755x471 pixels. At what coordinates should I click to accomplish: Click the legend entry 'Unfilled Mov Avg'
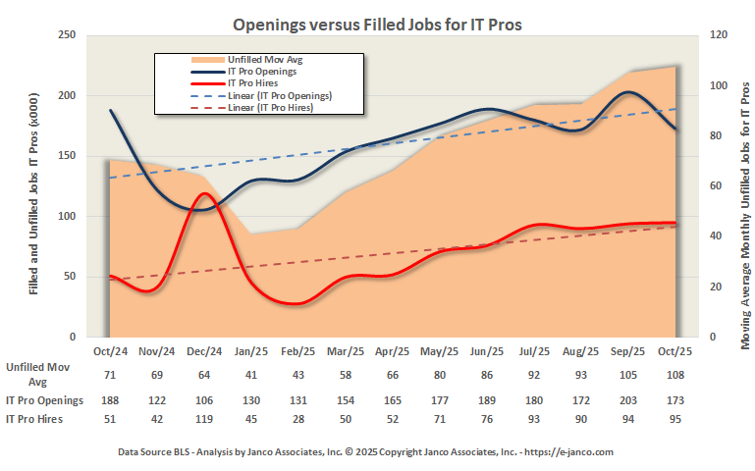tap(266, 60)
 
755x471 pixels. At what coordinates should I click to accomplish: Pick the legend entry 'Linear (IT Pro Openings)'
tap(279, 95)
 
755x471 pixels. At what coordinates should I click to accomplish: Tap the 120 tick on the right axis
tap(719, 35)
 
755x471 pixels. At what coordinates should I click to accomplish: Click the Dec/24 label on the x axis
tap(204, 351)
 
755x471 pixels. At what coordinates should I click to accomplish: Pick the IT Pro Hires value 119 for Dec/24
tap(204, 419)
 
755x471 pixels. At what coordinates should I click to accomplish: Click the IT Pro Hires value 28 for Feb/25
tap(298, 419)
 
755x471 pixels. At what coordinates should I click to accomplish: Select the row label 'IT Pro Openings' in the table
tap(44, 400)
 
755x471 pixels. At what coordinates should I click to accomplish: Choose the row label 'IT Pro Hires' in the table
tap(36, 419)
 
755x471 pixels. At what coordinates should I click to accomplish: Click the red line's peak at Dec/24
tap(204, 193)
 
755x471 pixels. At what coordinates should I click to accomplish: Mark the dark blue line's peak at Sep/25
tap(629, 92)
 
